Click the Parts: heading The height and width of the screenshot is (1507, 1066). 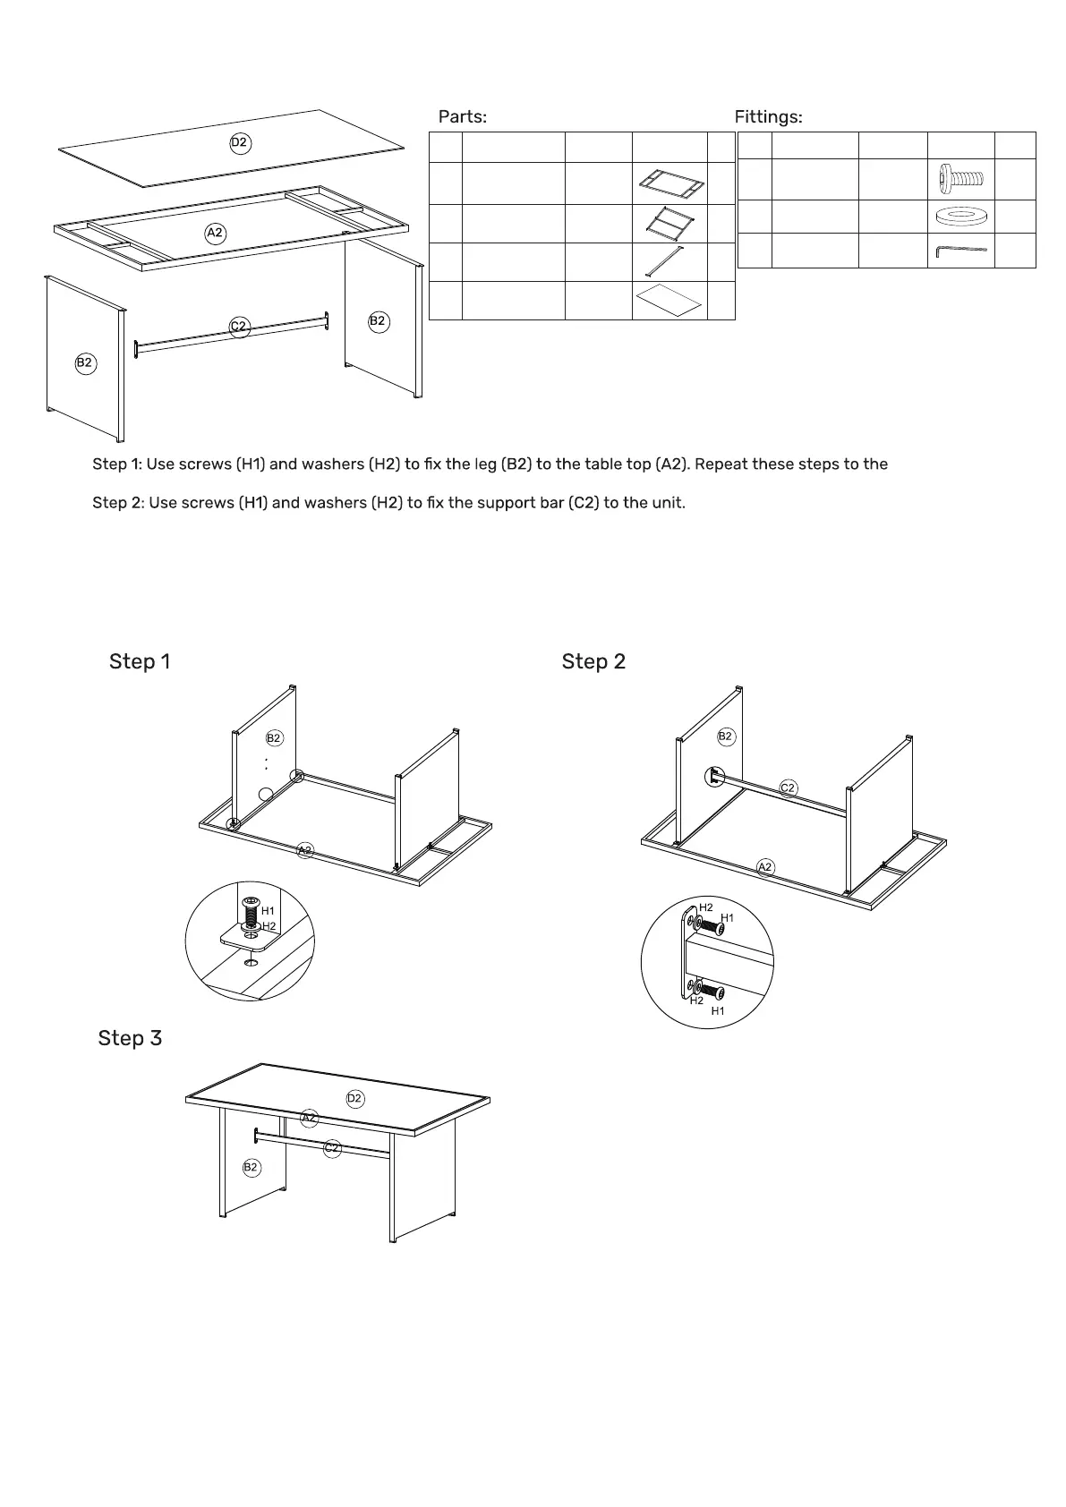point(462,117)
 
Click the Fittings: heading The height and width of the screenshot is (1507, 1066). point(768,117)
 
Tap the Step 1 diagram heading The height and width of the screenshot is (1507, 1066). point(140,661)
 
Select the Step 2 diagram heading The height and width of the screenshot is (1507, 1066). point(593,661)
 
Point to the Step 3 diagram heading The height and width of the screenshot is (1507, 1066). point(130,1038)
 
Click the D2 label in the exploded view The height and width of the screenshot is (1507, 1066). point(239,142)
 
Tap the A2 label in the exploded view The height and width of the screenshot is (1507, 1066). point(215,233)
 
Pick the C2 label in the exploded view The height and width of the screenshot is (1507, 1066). point(239,327)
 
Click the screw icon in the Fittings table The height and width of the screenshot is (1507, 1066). point(961,179)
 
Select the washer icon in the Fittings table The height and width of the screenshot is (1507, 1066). point(961,217)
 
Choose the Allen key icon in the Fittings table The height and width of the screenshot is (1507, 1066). point(961,251)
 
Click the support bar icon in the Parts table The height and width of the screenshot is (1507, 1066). point(669,262)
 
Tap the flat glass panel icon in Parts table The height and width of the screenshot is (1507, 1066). point(668,301)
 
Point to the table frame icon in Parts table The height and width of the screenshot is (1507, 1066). point(671,183)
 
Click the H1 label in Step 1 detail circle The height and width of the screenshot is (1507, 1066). point(268,911)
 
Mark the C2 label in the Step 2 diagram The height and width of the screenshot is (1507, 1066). point(788,788)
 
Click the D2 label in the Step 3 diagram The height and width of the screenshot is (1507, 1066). point(355,1098)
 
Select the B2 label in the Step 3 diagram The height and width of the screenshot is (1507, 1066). point(251,1167)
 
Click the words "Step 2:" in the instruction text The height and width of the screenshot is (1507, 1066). point(118,503)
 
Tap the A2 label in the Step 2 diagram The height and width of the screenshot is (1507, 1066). point(765,866)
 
